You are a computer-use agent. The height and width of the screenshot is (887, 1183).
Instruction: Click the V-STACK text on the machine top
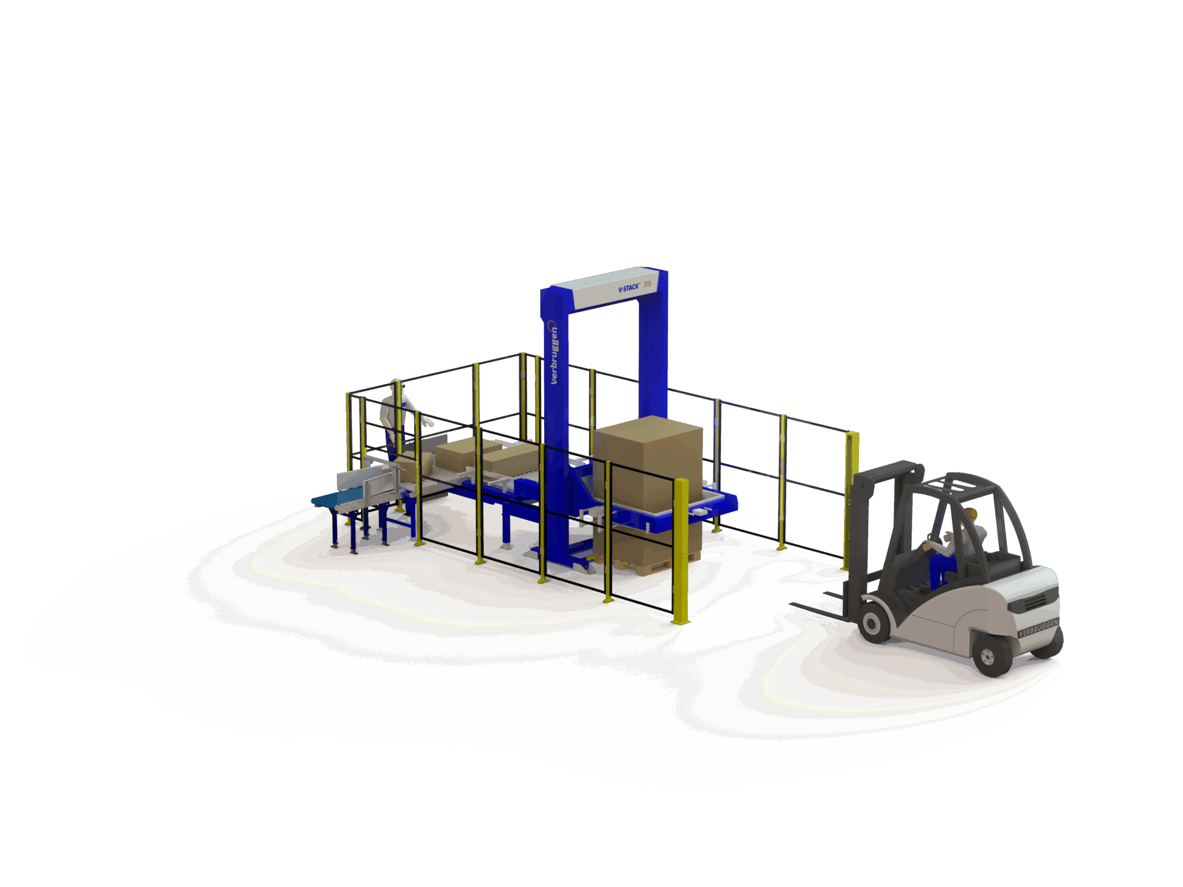pyautogui.click(x=628, y=288)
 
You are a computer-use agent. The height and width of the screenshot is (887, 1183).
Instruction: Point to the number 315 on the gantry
pyautogui.click(x=647, y=284)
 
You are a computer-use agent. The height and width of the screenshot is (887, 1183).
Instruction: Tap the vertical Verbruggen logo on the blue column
pyautogui.click(x=553, y=352)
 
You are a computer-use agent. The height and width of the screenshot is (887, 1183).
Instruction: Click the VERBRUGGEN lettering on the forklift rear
pyautogui.click(x=1038, y=628)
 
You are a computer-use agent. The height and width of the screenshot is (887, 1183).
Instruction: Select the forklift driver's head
pyautogui.click(x=971, y=514)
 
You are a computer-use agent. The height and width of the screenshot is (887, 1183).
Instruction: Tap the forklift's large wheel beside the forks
pyautogui.click(x=873, y=622)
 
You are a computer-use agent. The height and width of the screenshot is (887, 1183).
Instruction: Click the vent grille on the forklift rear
pyautogui.click(x=1035, y=601)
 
